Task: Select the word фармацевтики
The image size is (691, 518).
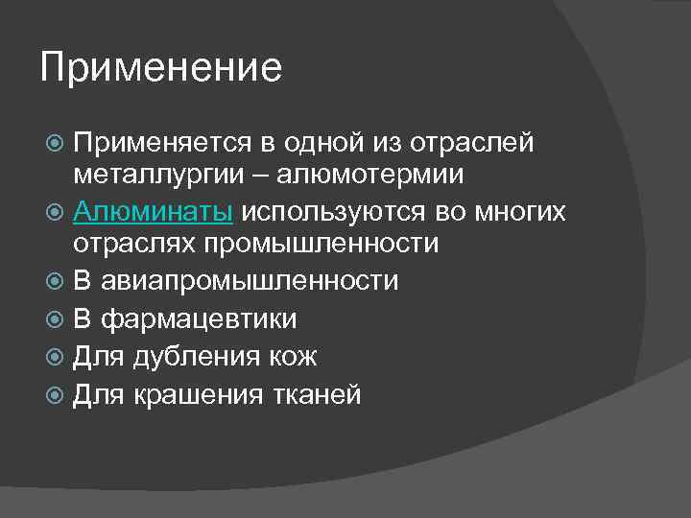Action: click(x=198, y=319)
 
